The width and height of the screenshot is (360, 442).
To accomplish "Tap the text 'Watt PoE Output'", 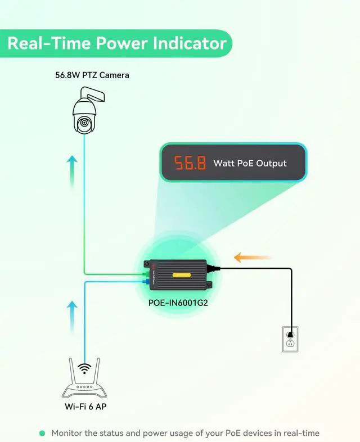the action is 250,164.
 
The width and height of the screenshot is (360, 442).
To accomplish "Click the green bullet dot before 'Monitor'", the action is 42,433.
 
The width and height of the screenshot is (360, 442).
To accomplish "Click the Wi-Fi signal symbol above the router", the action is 84,369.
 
